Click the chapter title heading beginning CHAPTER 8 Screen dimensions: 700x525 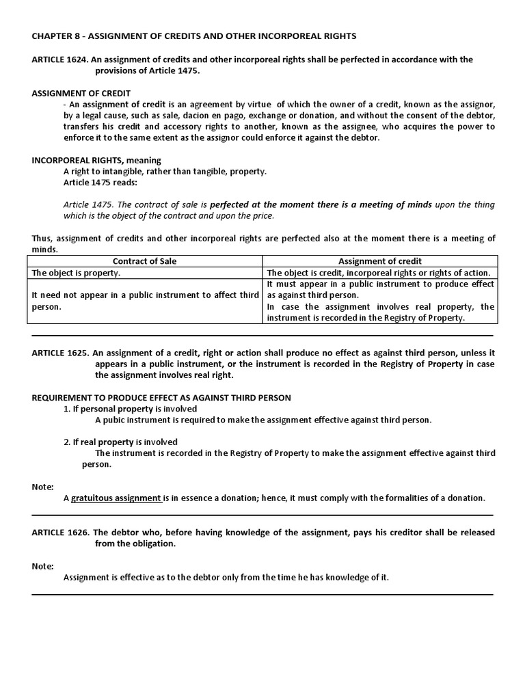point(194,35)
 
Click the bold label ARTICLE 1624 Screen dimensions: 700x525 point(59,59)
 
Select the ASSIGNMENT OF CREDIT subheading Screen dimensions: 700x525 point(81,93)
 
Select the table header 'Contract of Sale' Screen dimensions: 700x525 point(144,261)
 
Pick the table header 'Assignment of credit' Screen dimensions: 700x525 point(380,261)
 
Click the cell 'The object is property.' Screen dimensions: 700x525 point(75,272)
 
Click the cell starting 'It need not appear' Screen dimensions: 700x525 point(145,301)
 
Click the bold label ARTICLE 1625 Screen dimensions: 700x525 point(59,353)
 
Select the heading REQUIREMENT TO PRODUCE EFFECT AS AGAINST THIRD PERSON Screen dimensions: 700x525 point(161,397)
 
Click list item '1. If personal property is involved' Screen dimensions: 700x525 point(120,409)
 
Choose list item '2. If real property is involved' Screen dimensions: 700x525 point(120,442)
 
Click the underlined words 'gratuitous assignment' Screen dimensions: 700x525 point(116,498)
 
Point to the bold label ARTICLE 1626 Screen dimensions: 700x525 point(59,532)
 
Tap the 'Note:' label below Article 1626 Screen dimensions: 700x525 point(42,566)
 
